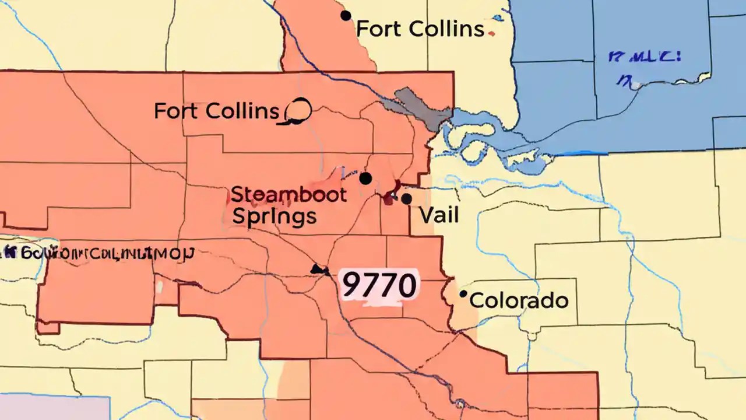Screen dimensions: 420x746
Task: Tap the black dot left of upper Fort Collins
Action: click(346, 16)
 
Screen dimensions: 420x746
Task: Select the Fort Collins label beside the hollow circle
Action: click(217, 110)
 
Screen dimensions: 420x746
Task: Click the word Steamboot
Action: click(289, 194)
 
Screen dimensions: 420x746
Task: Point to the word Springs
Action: click(275, 216)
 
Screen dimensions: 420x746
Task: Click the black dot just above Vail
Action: click(406, 199)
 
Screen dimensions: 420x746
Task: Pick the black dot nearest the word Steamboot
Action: click(365, 178)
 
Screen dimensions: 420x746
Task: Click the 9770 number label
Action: click(379, 285)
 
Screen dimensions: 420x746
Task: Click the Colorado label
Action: click(519, 300)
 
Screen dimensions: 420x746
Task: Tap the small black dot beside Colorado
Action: click(463, 294)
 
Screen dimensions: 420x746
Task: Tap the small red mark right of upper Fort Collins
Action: click(493, 34)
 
